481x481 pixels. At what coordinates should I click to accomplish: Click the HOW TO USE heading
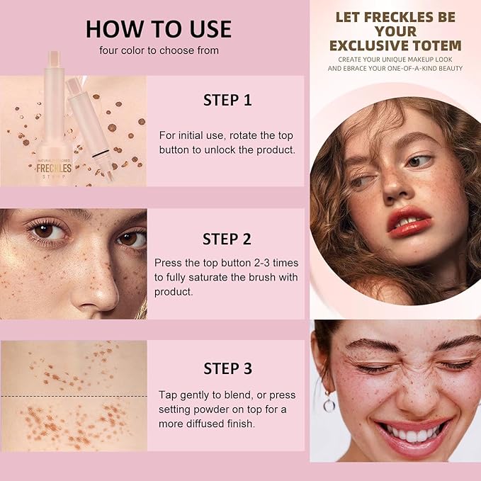[159, 28]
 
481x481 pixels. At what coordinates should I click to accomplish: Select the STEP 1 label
[227, 100]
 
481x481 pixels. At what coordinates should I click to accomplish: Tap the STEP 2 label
[227, 239]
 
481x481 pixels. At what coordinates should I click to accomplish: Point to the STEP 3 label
[227, 368]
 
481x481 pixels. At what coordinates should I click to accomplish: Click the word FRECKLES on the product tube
[56, 169]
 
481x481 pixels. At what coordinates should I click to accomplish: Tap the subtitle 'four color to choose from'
[159, 50]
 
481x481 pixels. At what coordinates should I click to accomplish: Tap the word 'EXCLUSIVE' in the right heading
[371, 46]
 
